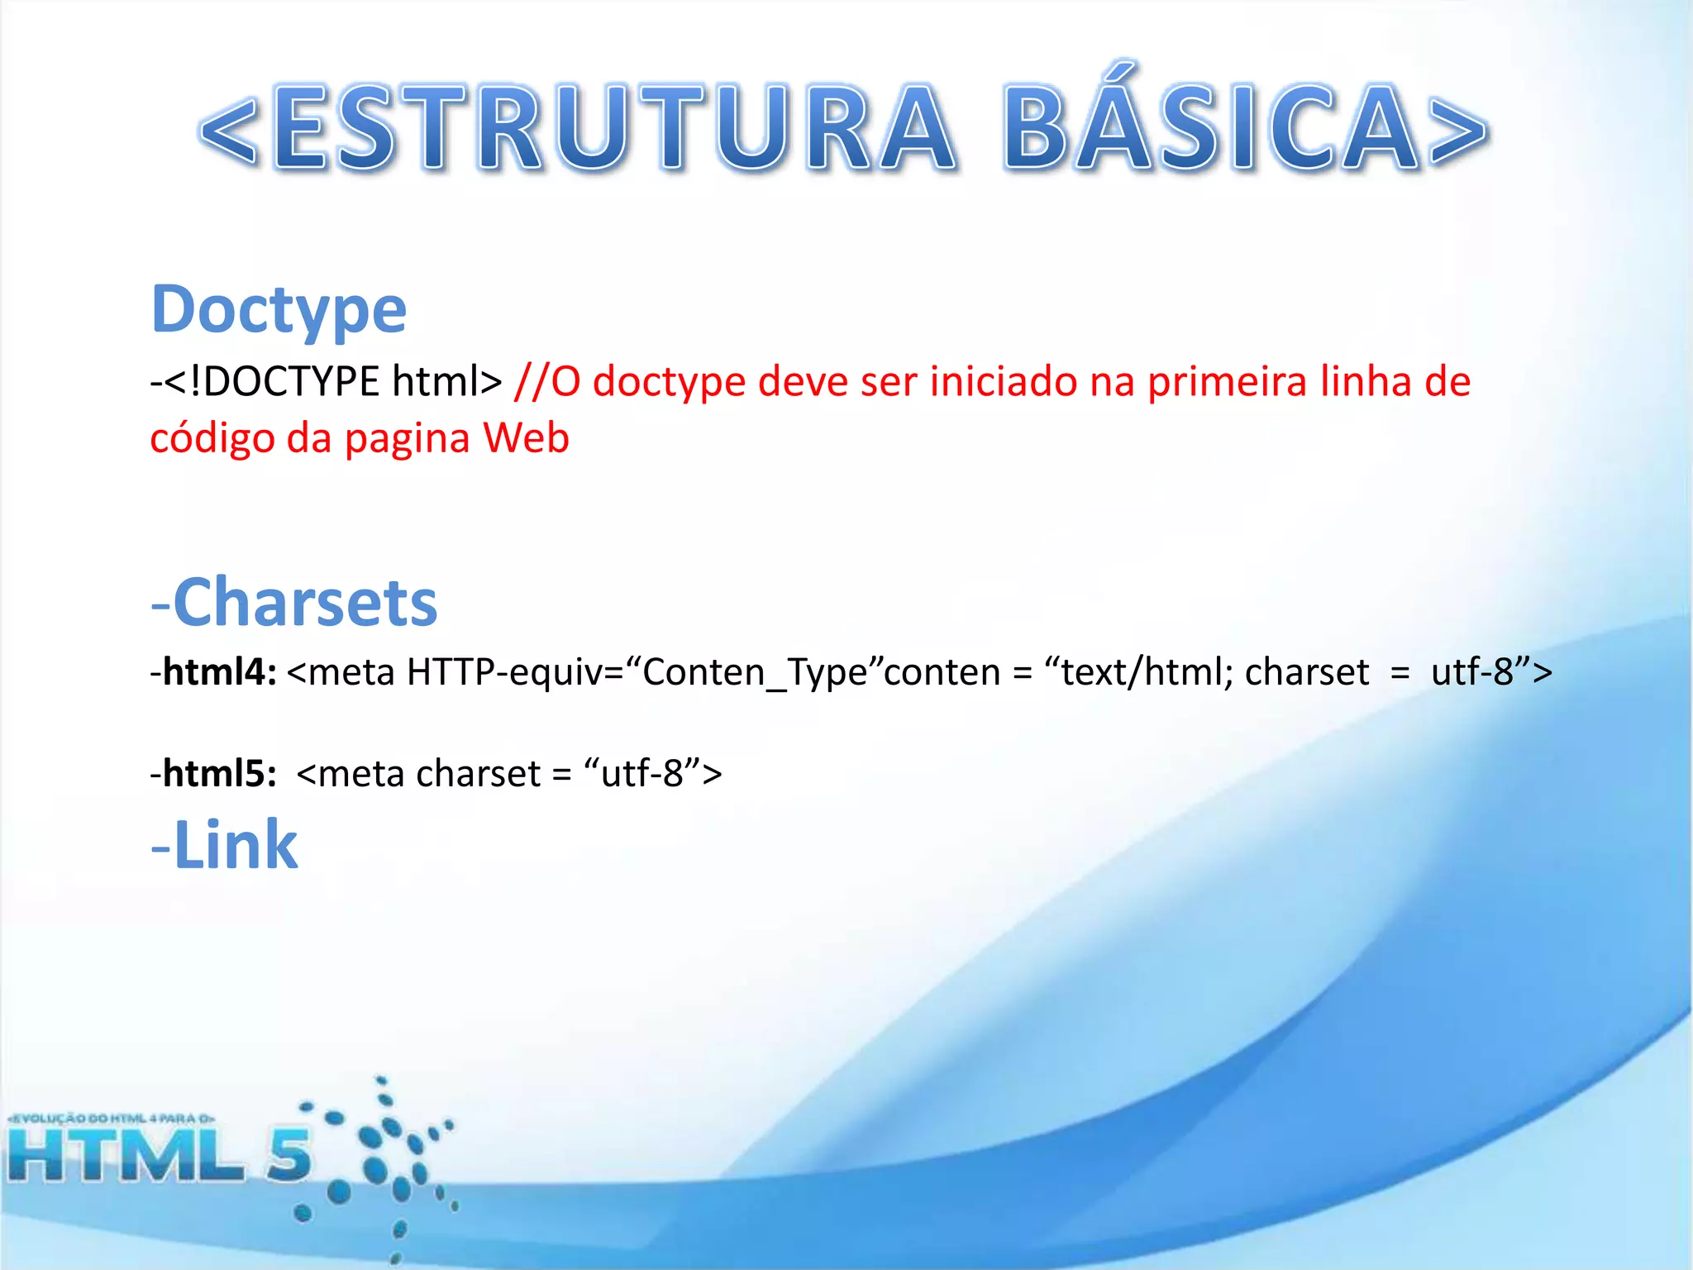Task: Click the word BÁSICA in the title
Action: pos(1211,128)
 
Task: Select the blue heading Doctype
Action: pos(279,310)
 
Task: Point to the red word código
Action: pos(212,438)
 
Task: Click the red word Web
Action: pos(526,438)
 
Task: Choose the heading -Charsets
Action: pos(294,603)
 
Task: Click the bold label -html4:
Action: pos(213,671)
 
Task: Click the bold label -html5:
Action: pos(213,773)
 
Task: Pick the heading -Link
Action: pos(224,845)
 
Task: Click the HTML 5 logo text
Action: pos(157,1156)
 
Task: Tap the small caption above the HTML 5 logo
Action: pos(112,1119)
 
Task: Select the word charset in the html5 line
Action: pos(478,773)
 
